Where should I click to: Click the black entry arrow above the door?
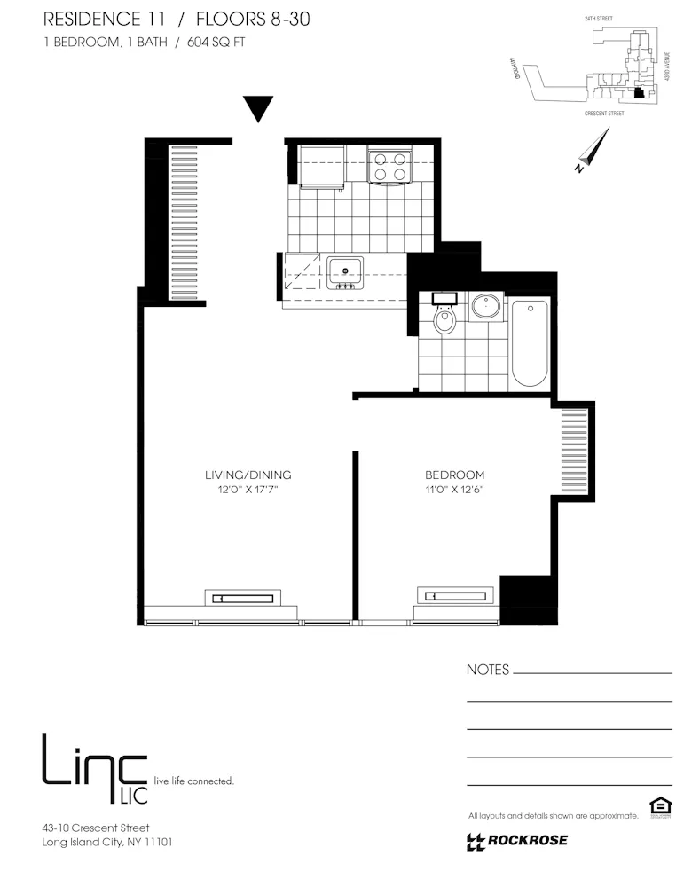[x=258, y=108]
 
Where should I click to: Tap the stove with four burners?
[x=390, y=166]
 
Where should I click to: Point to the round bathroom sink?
[x=485, y=307]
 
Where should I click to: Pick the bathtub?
[x=530, y=343]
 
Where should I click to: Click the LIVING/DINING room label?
[x=248, y=475]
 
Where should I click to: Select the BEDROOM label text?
[x=454, y=475]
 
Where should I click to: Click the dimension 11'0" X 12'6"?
[x=454, y=490]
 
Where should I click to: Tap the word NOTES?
[x=488, y=671]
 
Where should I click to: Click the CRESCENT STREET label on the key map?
[x=604, y=114]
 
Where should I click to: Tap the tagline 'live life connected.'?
[x=194, y=781]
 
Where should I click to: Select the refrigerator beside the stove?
[x=322, y=166]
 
